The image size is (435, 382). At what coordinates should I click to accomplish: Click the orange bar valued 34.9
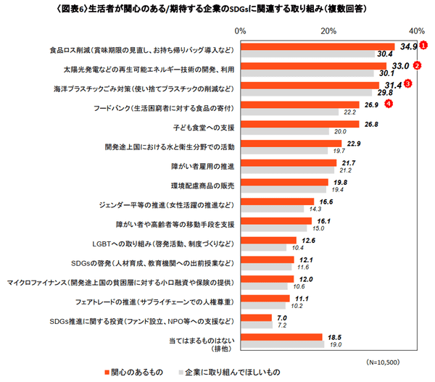click(318, 47)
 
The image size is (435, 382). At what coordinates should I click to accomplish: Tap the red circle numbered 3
click(408, 84)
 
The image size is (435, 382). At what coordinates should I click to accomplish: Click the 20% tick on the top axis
click(328, 31)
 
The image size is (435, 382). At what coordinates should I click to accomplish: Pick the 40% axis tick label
click(417, 31)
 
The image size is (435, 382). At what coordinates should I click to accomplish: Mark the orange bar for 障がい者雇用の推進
click(289, 163)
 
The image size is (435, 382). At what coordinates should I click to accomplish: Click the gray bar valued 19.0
click(283, 344)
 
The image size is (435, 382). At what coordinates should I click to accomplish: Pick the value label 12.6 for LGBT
click(308, 240)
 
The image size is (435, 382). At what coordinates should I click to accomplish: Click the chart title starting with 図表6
click(217, 10)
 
